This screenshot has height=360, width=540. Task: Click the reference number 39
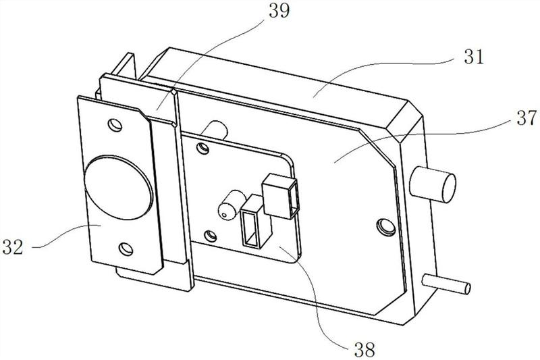pos(279,11)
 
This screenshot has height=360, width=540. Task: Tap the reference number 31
pos(474,57)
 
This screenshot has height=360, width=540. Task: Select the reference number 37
pos(526,118)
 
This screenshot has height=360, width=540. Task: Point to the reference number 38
pos(364,351)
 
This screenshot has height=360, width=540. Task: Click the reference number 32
pos(13,247)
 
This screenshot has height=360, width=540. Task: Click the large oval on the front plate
pos(117,187)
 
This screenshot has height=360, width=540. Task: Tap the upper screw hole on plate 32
pos(115,125)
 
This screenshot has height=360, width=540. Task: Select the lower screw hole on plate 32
pos(126,249)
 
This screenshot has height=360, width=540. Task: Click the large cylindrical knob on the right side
pos(433,184)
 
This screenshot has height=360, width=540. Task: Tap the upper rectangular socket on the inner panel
pos(280,197)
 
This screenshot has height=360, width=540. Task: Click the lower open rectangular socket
pos(256,222)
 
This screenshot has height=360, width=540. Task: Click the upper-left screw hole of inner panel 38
pos(203,148)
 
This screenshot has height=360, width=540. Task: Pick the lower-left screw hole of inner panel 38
pos(210,236)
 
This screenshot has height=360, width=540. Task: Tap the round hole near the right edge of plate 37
pos(386,227)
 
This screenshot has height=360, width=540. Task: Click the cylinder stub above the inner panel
pos(215,130)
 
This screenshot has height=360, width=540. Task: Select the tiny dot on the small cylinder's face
pos(224,215)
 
